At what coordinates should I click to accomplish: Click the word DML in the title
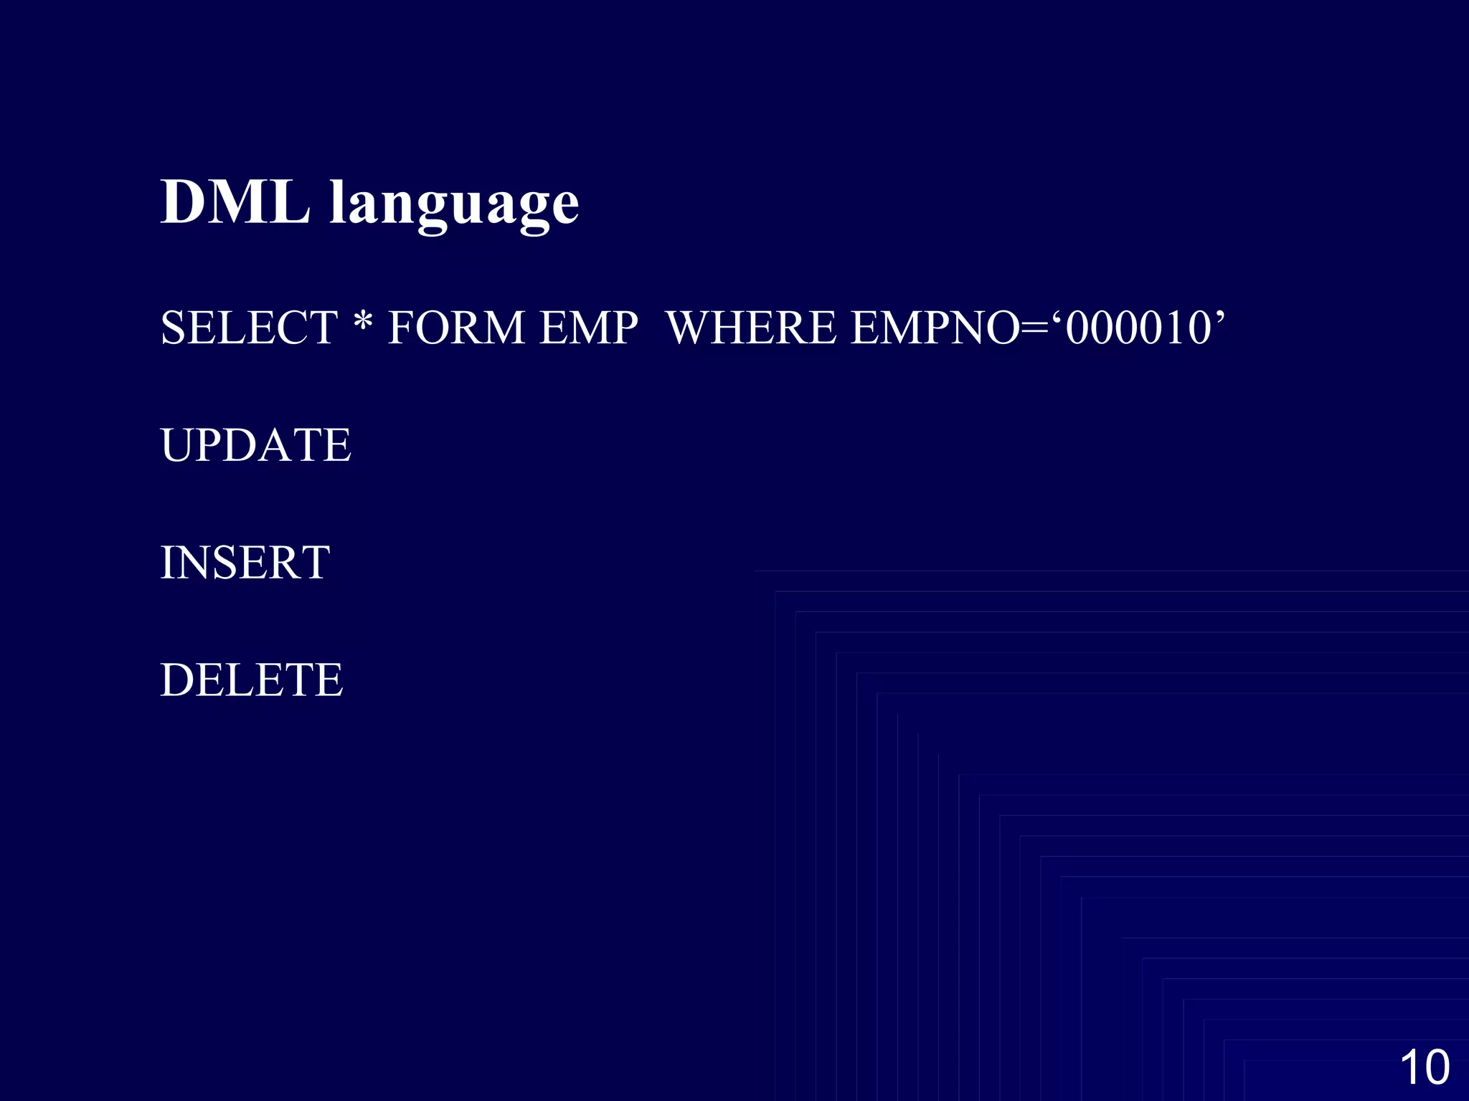(x=235, y=202)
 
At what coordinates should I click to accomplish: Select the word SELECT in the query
(x=249, y=328)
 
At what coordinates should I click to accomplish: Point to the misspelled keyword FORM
(x=456, y=328)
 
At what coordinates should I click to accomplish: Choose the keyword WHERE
(x=751, y=328)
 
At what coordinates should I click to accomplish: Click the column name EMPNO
(x=935, y=328)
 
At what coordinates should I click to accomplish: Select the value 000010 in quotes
(x=1138, y=328)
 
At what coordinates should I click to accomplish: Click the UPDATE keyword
(x=255, y=445)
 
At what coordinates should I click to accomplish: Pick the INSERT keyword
(x=245, y=563)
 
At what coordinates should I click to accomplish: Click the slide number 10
(x=1425, y=1067)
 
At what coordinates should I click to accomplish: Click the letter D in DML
(x=183, y=202)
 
